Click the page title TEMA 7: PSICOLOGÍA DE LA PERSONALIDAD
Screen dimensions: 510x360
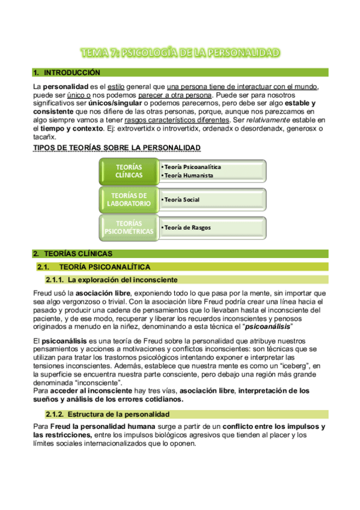pyautogui.click(x=180, y=53)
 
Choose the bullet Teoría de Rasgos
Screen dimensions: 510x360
pyautogui.click(x=187, y=227)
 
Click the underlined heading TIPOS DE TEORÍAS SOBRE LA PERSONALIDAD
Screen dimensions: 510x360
pyautogui.click(x=117, y=147)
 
